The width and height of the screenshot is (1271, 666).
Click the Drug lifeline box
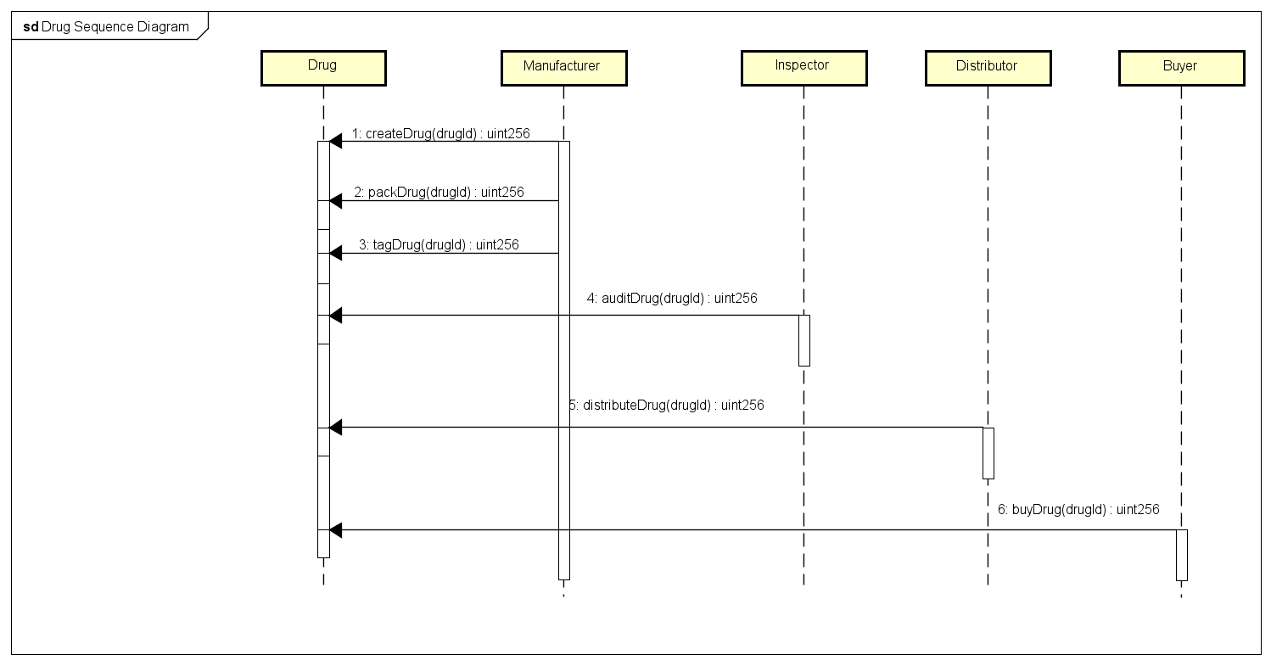tap(323, 68)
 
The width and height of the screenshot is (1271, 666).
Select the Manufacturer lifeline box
tap(563, 68)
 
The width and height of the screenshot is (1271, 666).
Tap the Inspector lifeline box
tap(803, 68)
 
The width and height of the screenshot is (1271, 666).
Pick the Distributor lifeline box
tap(988, 68)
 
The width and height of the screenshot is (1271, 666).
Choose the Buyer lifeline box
tap(1181, 68)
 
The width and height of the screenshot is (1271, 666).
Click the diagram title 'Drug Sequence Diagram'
tap(115, 26)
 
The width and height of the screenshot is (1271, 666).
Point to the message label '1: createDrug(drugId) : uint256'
tap(440, 133)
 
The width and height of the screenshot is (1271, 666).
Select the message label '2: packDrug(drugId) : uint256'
tap(439, 192)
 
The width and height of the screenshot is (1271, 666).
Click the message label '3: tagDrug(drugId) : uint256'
tap(439, 244)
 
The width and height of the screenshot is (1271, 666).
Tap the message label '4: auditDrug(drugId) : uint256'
tap(672, 298)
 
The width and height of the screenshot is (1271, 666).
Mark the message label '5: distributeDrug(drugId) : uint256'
tap(667, 405)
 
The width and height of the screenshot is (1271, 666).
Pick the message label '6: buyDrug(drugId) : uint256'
tap(1078, 509)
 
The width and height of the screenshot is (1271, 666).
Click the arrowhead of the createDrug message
tap(335, 142)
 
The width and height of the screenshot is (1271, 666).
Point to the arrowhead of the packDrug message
tap(335, 201)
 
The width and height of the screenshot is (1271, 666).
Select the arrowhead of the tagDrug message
tap(335, 254)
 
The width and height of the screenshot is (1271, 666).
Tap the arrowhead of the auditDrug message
tap(335, 316)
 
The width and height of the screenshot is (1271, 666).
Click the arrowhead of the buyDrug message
tap(335, 530)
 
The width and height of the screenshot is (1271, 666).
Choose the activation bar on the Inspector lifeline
tap(804, 340)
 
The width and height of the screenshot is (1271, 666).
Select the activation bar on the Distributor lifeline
tap(988, 453)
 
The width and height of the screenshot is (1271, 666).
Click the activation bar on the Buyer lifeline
tap(1181, 555)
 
